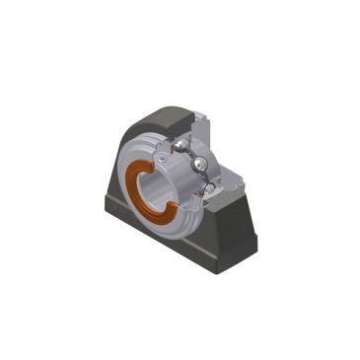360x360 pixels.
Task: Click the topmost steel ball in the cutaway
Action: (181, 144)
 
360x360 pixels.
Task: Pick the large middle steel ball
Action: (200, 164)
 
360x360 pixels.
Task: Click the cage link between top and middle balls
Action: (189, 154)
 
